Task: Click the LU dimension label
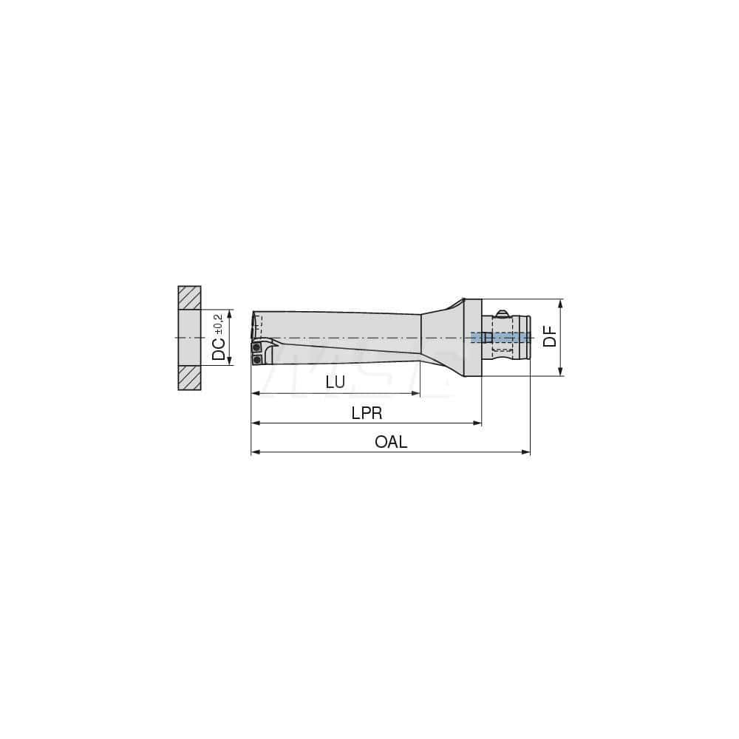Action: click(336, 382)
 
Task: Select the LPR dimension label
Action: click(367, 412)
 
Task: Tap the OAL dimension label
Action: click(391, 442)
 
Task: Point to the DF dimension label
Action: click(549, 337)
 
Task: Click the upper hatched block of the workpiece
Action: click(189, 298)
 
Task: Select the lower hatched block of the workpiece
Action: click(189, 378)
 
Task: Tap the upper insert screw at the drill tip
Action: click(256, 347)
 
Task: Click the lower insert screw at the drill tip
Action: click(257, 359)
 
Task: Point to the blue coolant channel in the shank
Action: click(500, 337)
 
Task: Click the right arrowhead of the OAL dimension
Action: click(527, 452)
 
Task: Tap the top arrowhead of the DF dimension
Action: click(560, 303)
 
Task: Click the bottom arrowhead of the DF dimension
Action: click(560, 372)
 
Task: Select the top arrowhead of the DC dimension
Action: click(230, 313)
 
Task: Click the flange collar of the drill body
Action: click(474, 337)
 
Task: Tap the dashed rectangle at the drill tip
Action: click(257, 325)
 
